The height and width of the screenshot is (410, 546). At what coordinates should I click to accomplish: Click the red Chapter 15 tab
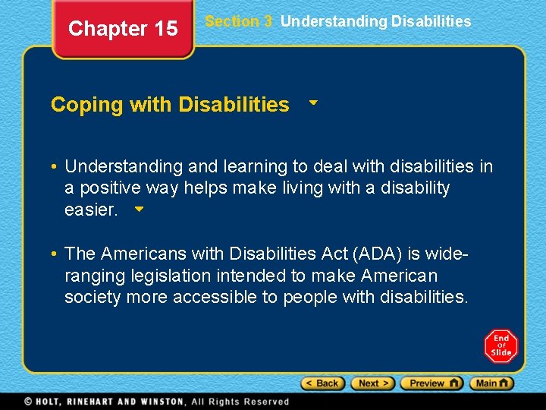point(123,30)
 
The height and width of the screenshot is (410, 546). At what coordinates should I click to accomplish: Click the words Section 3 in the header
point(238,22)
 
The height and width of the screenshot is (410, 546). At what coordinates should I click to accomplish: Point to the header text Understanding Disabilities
point(375,22)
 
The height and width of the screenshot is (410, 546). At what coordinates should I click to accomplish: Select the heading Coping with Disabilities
point(170,105)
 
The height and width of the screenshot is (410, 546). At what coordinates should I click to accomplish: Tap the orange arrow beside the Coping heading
point(312,101)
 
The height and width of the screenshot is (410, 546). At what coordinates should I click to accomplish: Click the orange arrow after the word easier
point(137,208)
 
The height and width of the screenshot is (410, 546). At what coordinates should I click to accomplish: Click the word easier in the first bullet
point(91,210)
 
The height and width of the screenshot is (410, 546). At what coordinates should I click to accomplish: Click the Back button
point(323,383)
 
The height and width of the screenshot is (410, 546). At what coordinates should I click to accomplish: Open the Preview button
point(431,383)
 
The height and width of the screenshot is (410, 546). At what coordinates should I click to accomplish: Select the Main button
point(491,383)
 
